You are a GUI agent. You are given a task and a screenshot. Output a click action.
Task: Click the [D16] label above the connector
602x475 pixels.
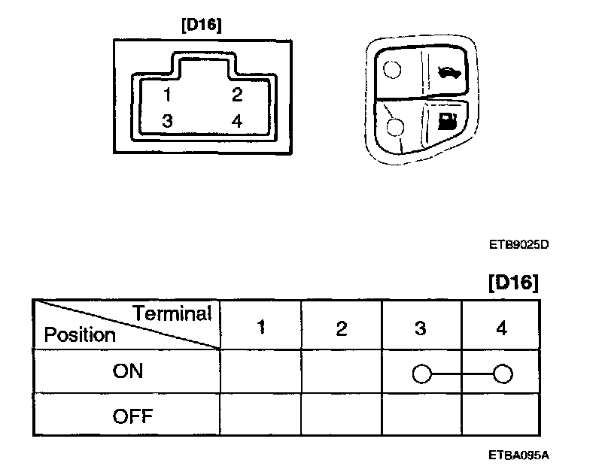coord(201,24)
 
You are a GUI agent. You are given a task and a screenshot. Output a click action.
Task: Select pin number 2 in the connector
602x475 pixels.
coord(236,95)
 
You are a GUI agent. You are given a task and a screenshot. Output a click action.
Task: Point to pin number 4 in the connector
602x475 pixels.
coord(236,120)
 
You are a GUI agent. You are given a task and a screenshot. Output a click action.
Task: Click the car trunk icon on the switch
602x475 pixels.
coord(448,72)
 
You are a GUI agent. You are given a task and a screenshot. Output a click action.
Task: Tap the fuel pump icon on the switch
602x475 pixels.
coord(447,121)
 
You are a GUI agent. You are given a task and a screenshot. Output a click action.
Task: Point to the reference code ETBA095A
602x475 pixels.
coord(518,455)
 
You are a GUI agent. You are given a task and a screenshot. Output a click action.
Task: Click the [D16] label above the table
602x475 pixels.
coord(513,283)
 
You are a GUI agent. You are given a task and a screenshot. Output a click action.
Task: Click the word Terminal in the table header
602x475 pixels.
coord(172,313)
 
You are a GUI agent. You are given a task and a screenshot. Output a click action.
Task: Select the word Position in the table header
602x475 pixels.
coord(80,334)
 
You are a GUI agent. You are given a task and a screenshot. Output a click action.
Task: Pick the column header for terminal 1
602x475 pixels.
coord(260,328)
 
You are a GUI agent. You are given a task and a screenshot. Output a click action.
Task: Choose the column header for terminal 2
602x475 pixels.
coord(342,328)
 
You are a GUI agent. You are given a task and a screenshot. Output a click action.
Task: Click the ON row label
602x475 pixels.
coord(126,372)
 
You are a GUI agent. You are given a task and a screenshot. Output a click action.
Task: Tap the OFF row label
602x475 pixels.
coord(126,416)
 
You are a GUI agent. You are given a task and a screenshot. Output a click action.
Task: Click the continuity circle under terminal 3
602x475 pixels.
coord(421,373)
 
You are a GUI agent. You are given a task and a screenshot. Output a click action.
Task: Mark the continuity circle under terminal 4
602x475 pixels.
coord(503,373)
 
